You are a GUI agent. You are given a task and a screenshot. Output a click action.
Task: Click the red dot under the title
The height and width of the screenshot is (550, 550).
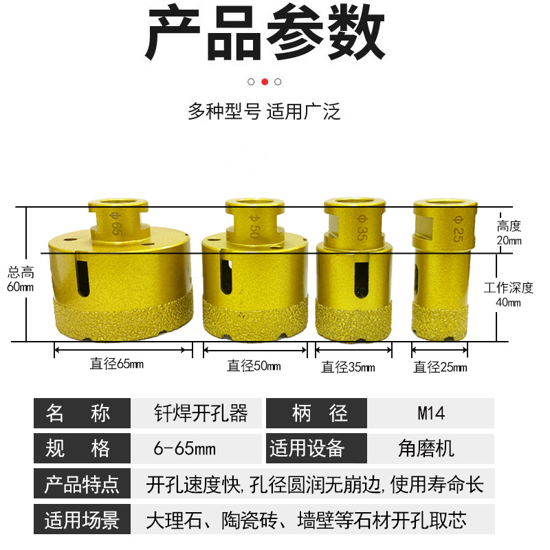coord(265,82)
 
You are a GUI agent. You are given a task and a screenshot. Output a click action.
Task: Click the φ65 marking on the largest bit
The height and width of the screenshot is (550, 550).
coord(115,224)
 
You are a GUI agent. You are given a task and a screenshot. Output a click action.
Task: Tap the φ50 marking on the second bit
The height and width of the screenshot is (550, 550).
coord(254,226)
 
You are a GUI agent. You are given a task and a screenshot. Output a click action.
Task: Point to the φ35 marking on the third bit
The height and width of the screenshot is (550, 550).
coord(362,228)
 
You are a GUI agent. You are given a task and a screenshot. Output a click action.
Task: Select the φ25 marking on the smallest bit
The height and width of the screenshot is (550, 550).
coord(458,229)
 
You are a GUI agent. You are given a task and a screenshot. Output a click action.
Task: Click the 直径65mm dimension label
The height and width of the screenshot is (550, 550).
coord(116,364)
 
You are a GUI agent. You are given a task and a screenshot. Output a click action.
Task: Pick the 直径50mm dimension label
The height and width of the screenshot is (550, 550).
coord(254,366)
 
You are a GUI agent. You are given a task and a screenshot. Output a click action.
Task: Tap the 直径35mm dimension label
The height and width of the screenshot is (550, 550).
coord(348,367)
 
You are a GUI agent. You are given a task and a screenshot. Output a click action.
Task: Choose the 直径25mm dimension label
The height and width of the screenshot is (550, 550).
coord(440,367)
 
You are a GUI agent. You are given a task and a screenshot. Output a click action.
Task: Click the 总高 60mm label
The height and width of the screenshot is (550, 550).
coord(21,279)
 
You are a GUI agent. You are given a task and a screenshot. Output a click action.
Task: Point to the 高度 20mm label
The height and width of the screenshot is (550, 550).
coord(509,233)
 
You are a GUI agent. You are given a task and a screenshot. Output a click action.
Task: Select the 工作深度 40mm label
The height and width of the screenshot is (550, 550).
coord(509,295)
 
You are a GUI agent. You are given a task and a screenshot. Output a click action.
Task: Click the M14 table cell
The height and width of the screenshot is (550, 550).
coord(431,413)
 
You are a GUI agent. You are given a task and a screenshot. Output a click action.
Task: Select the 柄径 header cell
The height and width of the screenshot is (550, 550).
coord(317,413)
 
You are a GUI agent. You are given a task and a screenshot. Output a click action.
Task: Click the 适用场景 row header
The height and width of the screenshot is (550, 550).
coord(82,519)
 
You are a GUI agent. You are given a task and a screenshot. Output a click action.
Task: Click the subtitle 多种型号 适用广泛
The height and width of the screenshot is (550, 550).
coord(264,111)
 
